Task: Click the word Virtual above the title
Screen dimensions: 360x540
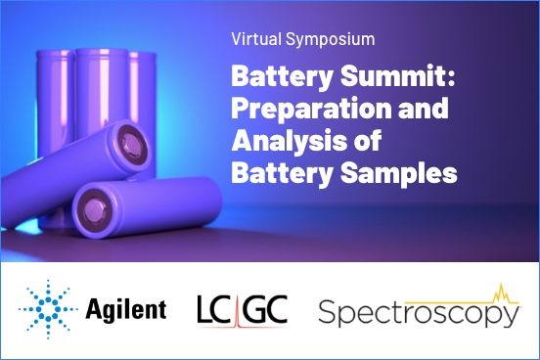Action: point(252,41)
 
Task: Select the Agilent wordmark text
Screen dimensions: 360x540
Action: point(126,311)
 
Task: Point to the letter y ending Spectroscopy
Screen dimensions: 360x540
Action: point(510,319)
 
